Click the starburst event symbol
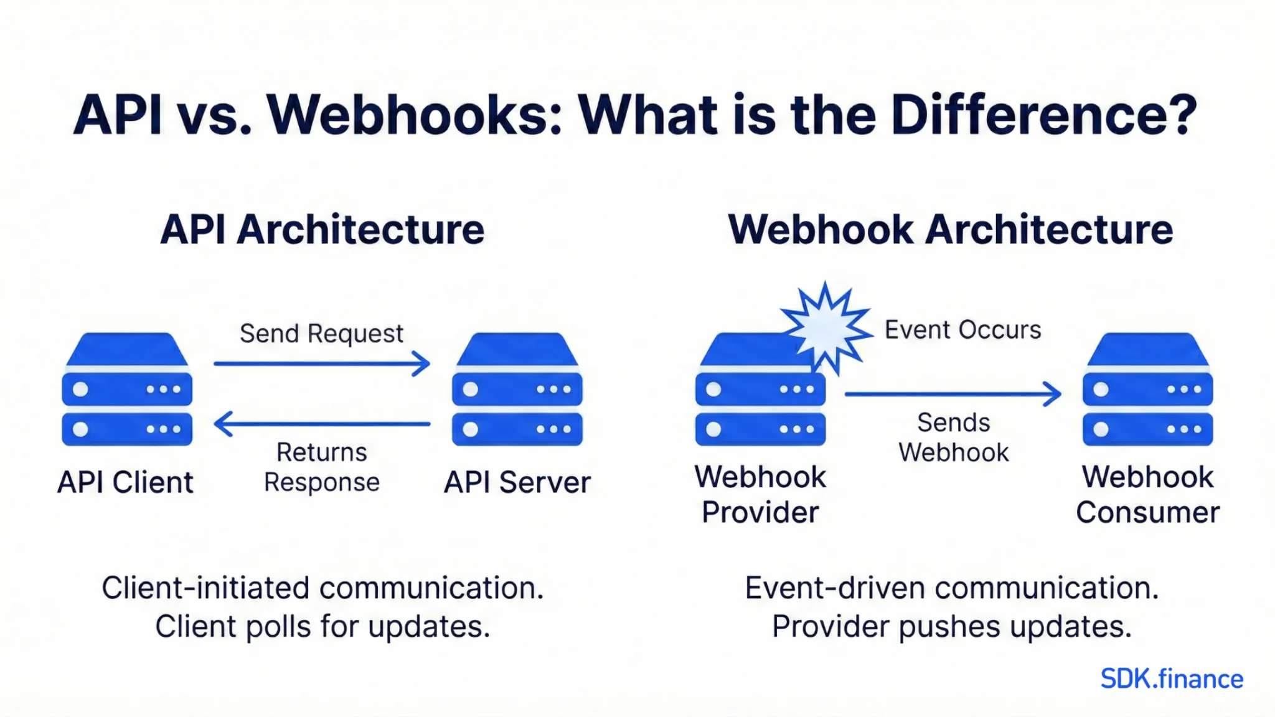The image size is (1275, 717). coord(826,327)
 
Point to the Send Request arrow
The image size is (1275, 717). coord(322,363)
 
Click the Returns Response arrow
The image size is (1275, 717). coord(322,424)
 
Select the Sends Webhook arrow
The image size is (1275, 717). coord(953,394)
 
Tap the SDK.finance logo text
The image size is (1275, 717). coord(1171,679)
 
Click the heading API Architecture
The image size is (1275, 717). coord(322,230)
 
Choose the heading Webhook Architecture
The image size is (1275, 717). coord(951,230)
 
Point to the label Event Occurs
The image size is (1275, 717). coord(962,330)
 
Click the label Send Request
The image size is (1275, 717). coord(322,334)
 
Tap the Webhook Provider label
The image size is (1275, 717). coord(760,495)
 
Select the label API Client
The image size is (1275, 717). coord(126,482)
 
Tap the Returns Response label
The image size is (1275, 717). coord(322,467)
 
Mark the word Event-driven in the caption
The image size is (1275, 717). coord(834,588)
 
